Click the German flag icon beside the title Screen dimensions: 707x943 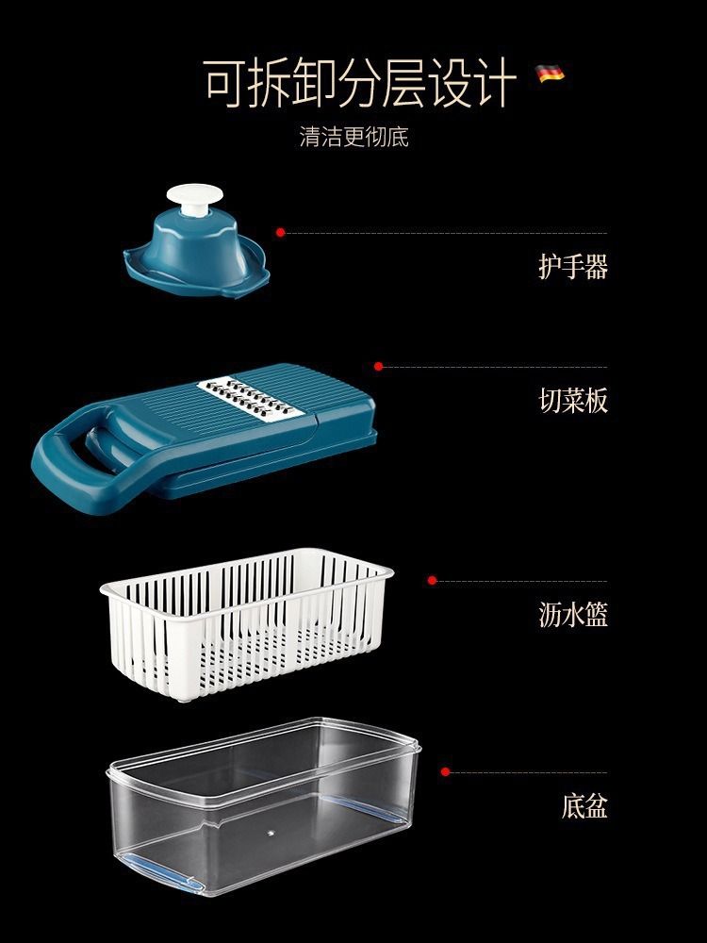[550, 74]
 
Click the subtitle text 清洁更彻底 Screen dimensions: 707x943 [354, 137]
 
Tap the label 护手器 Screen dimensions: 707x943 [572, 267]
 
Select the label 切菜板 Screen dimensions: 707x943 [572, 401]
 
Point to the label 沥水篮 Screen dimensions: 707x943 [572, 615]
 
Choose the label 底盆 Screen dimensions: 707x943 [584, 806]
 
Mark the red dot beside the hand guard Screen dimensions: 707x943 [280, 232]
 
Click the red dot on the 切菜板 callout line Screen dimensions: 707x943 [378, 366]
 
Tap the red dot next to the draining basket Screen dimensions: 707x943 [432, 580]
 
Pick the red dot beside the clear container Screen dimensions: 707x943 [445, 771]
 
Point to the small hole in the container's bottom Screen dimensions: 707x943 [270, 833]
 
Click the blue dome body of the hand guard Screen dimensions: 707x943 [195, 246]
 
